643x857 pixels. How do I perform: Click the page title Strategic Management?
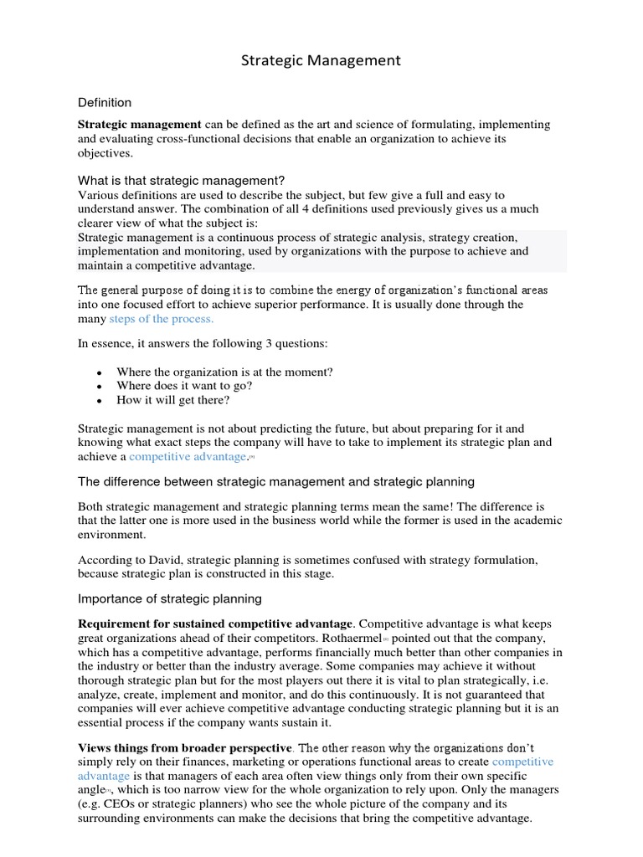321,60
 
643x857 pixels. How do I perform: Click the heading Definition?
105,103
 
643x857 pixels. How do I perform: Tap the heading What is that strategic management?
182,180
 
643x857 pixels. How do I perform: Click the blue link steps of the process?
162,319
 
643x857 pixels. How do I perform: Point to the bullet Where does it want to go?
184,386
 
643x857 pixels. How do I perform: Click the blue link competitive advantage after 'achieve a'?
188,457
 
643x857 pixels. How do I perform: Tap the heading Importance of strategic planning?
170,598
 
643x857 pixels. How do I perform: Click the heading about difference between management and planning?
276,481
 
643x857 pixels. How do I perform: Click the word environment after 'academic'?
111,535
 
